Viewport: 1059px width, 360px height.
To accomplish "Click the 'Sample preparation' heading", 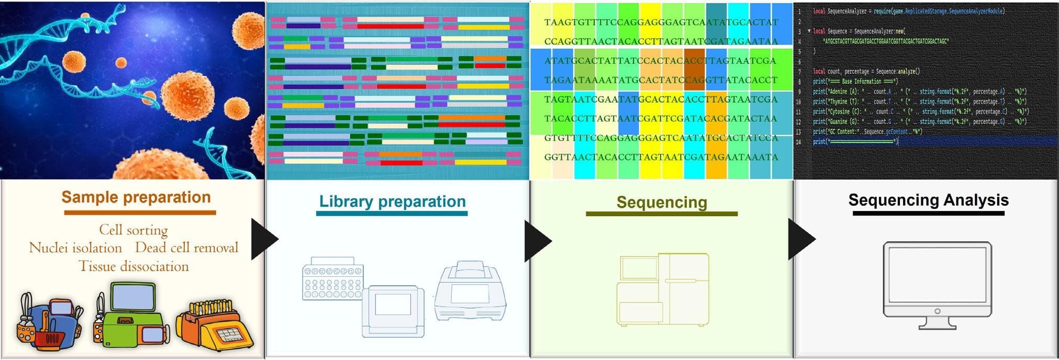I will click(x=136, y=197).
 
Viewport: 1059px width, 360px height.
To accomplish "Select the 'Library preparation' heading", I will click(x=392, y=201).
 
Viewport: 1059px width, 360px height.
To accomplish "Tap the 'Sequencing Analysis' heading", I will click(x=928, y=200).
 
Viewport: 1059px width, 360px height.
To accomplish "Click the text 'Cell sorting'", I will click(x=133, y=230).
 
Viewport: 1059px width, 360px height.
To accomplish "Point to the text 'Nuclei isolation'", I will click(x=75, y=248).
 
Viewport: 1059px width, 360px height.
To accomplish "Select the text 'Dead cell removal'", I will click(x=186, y=248).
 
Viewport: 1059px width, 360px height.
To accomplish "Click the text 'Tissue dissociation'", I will click(x=133, y=266).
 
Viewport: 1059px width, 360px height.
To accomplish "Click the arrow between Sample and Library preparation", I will click(x=263, y=240).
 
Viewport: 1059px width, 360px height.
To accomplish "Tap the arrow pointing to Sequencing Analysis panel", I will click(x=800, y=240).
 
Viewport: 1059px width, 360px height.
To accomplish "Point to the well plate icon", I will click(x=333, y=278).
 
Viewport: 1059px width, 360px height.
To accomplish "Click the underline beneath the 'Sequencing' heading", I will click(x=662, y=214).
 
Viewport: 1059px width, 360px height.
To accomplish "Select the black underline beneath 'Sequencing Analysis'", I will click(x=928, y=213).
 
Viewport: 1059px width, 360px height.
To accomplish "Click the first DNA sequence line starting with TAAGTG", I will click(x=661, y=22).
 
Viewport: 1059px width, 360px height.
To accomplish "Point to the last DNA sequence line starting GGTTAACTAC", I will click(x=661, y=157).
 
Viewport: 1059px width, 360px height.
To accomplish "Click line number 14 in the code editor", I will click(x=798, y=142).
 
